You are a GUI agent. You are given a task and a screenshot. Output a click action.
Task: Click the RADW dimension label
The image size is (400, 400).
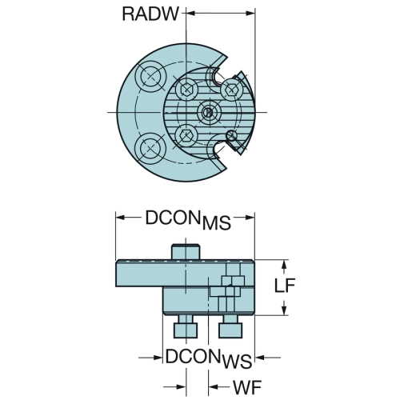(150, 14)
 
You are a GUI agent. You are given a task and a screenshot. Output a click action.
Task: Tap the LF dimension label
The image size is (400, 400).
(285, 286)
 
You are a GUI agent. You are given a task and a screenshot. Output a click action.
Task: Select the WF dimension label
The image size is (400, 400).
(247, 387)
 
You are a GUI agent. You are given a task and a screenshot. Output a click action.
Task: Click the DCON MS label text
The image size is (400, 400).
(188, 220)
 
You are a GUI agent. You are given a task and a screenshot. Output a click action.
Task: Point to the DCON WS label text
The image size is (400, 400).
(209, 358)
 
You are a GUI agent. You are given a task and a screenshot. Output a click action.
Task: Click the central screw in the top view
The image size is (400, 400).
(210, 112)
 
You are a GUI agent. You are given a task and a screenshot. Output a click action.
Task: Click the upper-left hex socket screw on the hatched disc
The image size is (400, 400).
(186, 89)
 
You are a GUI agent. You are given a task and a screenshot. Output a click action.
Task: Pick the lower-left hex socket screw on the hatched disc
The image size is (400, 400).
(186, 135)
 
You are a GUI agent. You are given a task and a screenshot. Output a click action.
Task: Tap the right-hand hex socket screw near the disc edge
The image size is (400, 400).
(230, 89)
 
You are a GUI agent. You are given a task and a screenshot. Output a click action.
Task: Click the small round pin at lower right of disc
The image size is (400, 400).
(231, 136)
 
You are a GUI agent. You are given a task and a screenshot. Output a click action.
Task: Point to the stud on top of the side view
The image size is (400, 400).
(186, 251)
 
